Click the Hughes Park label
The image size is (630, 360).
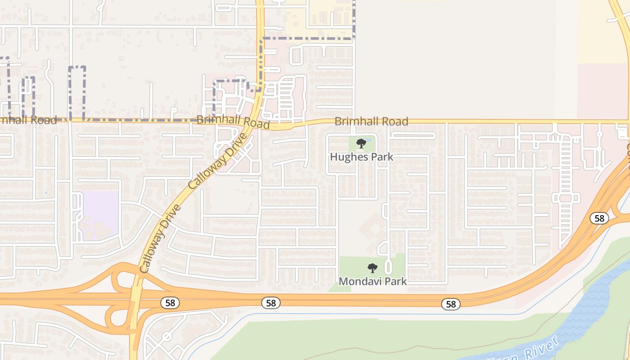pos(361,157)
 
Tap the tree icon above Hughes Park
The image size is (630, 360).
pos(361,144)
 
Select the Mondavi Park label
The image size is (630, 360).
pos(373,281)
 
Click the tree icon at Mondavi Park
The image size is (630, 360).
pos(372,268)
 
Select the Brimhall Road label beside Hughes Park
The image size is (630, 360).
pos(371,121)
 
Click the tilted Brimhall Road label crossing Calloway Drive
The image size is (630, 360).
pos(233,121)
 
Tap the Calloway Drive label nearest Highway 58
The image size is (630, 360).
pos(160,238)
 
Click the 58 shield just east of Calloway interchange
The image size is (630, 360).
pos(170,303)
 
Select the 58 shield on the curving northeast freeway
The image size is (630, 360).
pos(599,218)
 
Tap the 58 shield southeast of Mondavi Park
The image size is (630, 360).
pos(450,304)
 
